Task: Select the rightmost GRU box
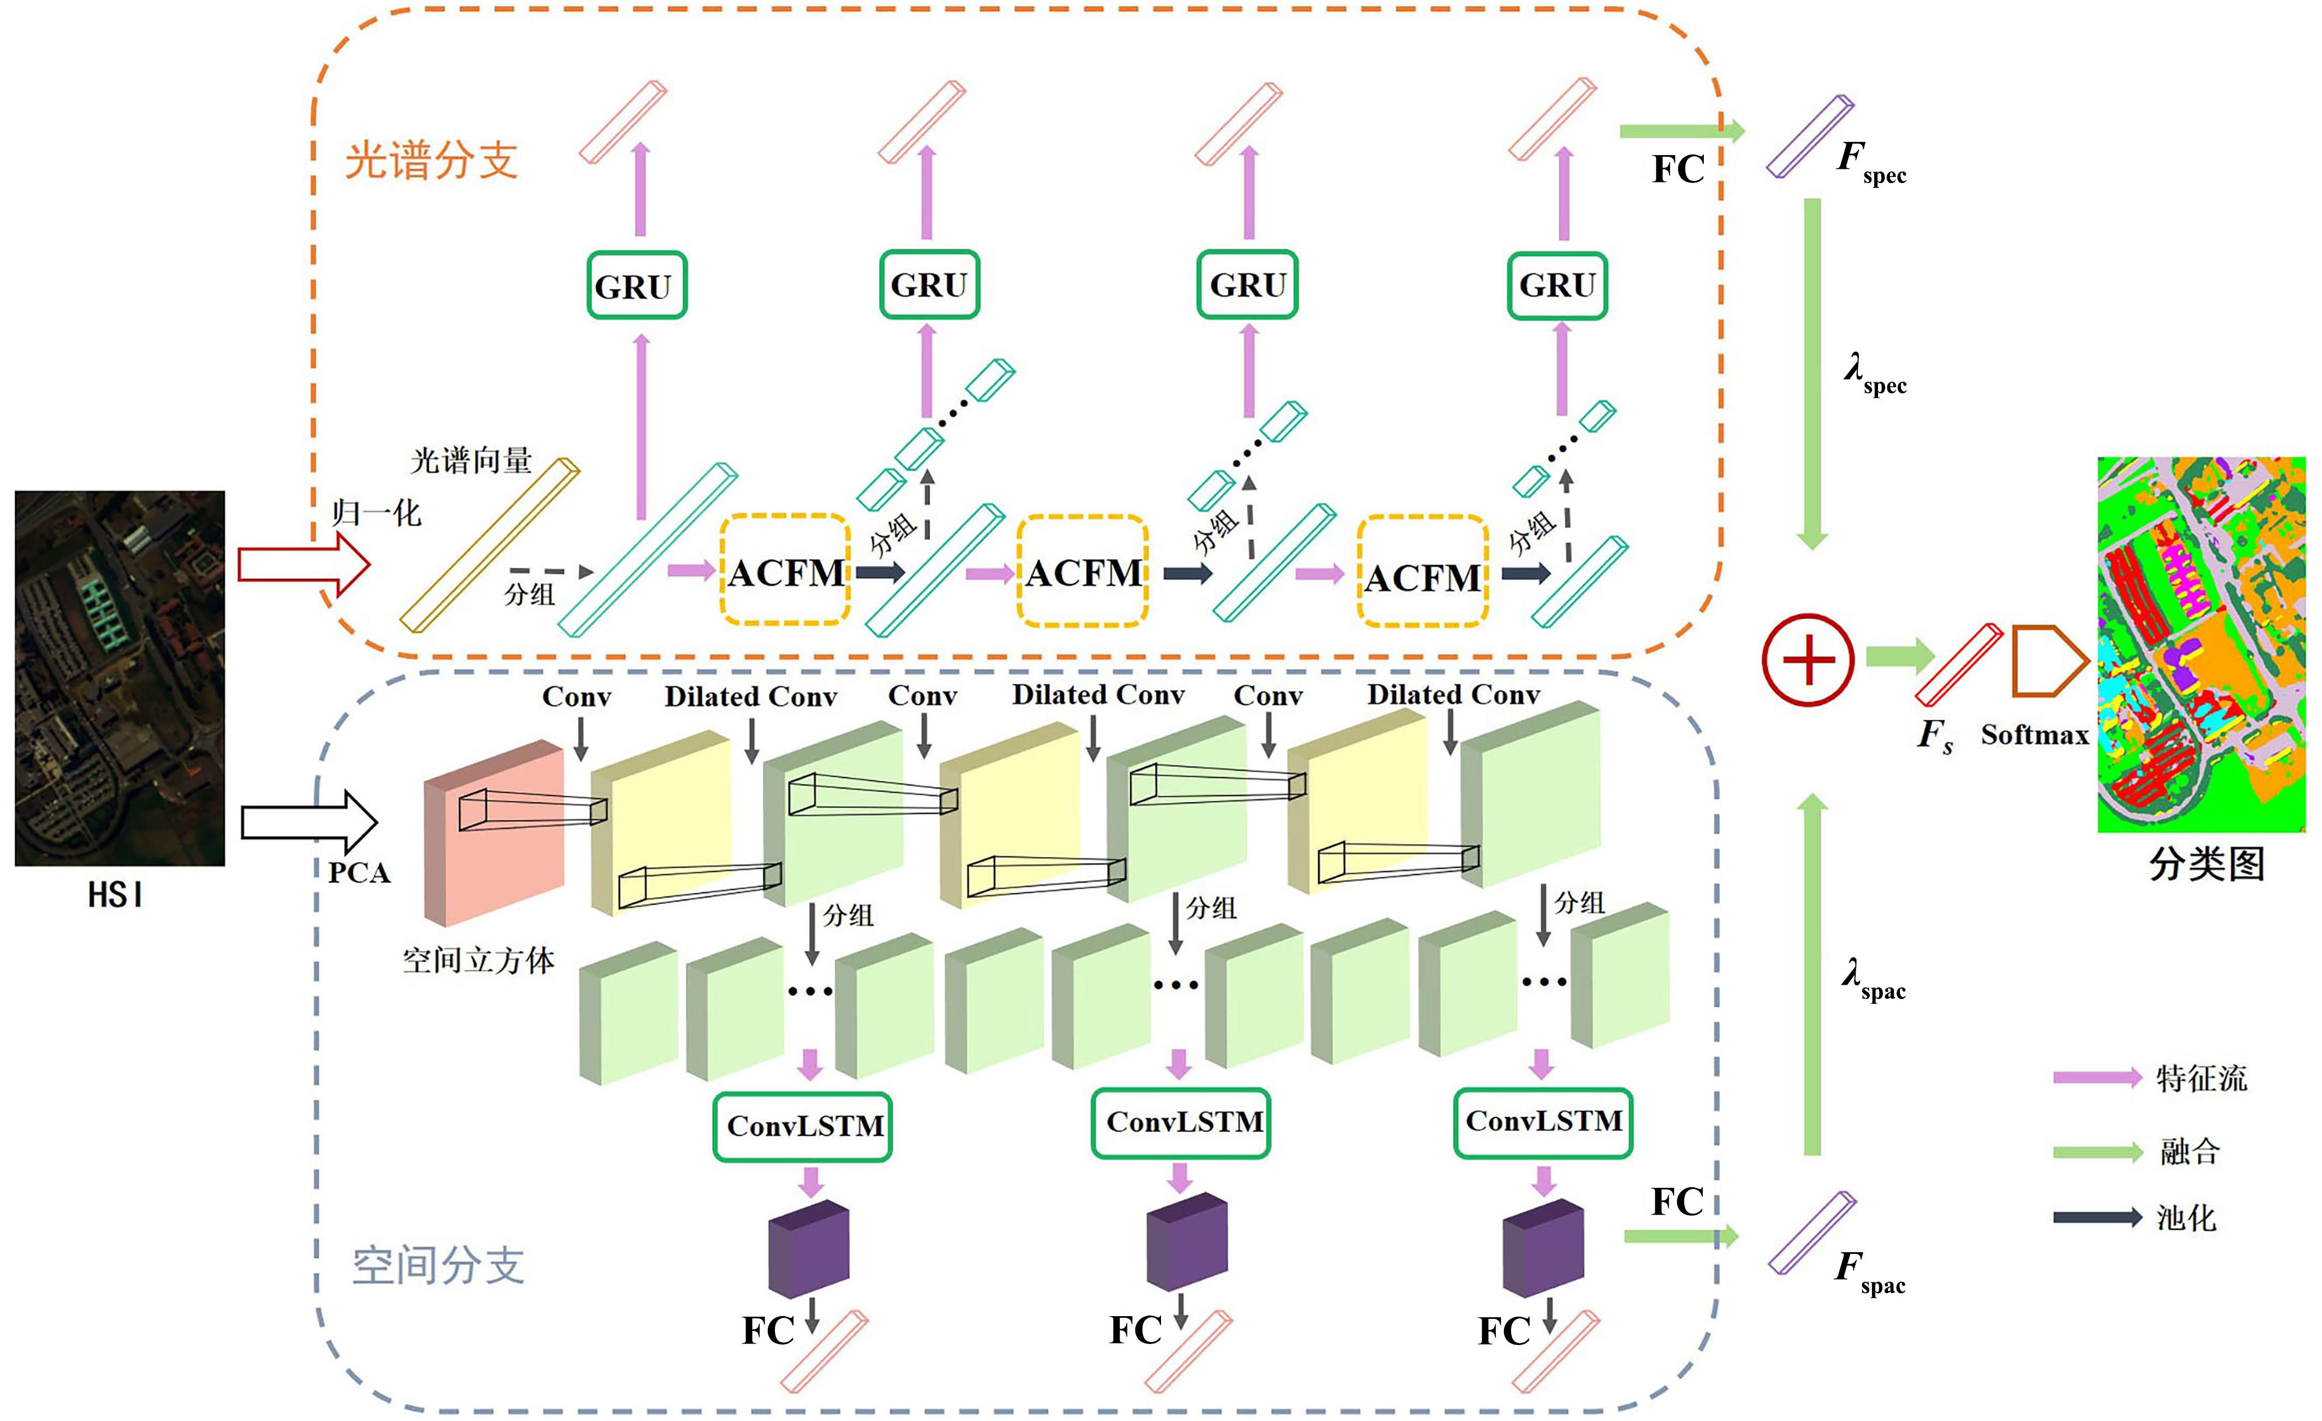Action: [x=1557, y=285]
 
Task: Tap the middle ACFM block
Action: [x=1083, y=572]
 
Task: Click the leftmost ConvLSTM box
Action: [x=803, y=1126]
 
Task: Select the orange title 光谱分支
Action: [x=431, y=160]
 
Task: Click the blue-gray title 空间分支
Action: [x=438, y=1265]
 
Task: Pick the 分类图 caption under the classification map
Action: [x=2206, y=864]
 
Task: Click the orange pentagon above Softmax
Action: [x=2047, y=661]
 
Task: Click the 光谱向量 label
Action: [x=471, y=461]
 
